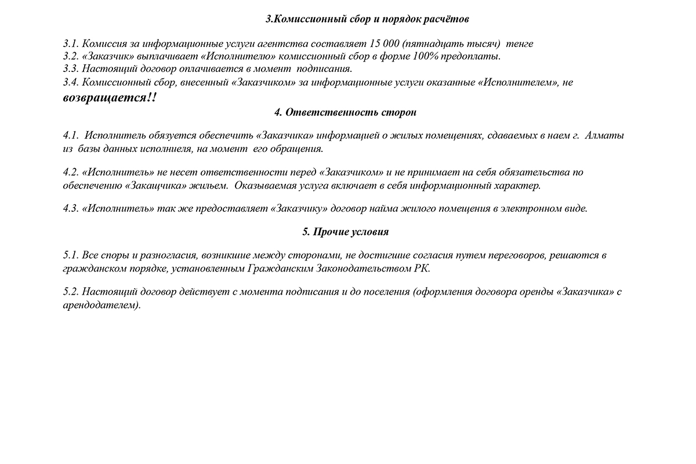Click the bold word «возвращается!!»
coord(110,97)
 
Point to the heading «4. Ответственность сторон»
coord(345,113)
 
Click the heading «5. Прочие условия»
coord(345,231)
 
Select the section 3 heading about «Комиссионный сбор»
coord(367,19)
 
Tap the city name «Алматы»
coord(605,136)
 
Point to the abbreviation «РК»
coord(423,269)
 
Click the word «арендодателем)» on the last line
coord(102,305)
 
